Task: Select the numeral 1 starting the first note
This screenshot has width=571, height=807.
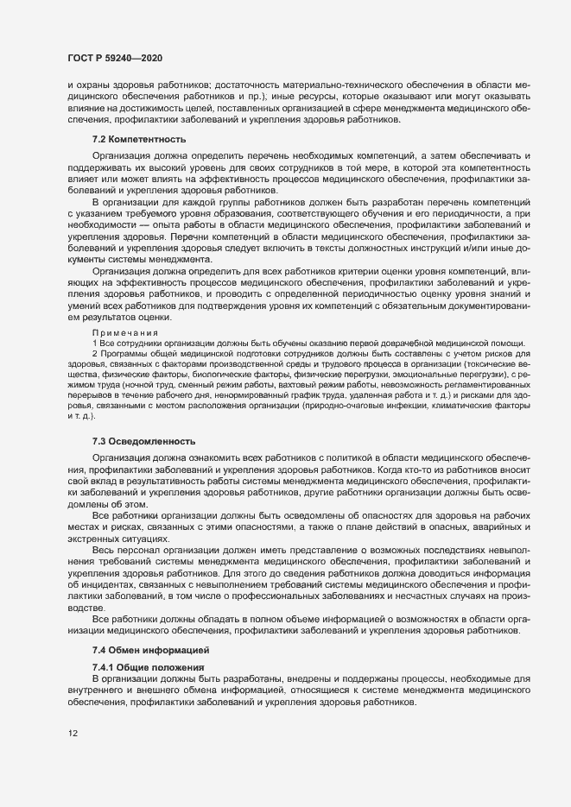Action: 94,344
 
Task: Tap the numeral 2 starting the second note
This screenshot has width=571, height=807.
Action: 94,356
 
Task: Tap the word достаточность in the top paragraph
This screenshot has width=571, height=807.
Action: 263,85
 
